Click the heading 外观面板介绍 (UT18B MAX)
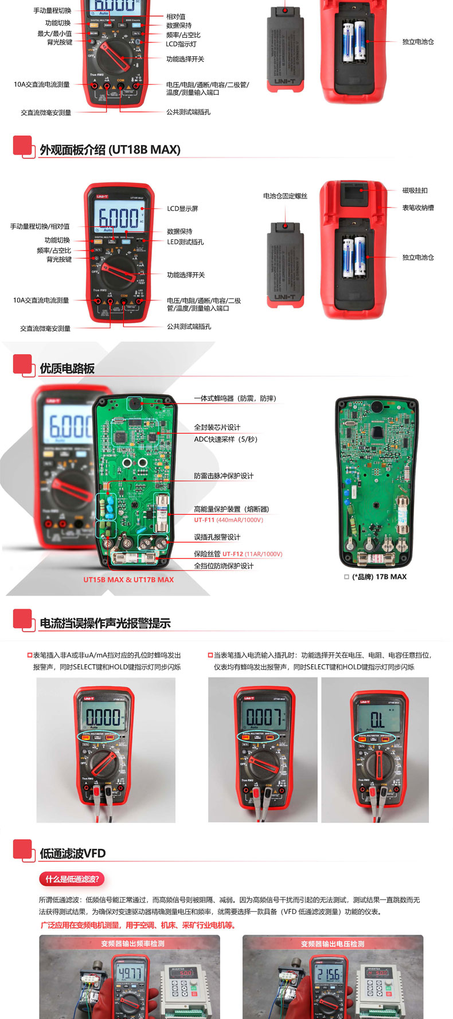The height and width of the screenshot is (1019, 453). click(x=110, y=150)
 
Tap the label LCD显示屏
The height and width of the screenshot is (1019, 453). click(x=182, y=209)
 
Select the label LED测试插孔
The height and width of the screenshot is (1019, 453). click(x=185, y=242)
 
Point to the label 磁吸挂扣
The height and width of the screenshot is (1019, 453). click(x=415, y=190)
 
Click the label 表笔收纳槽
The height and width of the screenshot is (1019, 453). click(x=418, y=207)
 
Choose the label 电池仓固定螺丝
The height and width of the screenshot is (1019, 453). click(x=285, y=196)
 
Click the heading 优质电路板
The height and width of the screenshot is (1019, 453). click(x=67, y=369)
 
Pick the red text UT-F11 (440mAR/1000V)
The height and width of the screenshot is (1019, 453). click(x=228, y=520)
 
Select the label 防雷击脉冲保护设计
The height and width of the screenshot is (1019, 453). click(x=224, y=476)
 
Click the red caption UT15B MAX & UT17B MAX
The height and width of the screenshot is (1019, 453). click(x=128, y=579)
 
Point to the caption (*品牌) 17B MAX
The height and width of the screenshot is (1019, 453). click(x=379, y=577)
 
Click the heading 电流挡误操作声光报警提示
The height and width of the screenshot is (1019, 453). click(x=105, y=624)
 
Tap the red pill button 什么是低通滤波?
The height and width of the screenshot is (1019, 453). click(x=72, y=879)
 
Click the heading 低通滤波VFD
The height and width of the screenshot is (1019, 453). click(x=73, y=853)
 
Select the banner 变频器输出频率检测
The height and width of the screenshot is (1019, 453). click(x=132, y=943)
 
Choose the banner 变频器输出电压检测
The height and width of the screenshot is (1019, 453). click(x=333, y=943)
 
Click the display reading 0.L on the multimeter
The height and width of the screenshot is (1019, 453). click(x=377, y=720)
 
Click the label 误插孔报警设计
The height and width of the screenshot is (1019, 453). click(x=217, y=537)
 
